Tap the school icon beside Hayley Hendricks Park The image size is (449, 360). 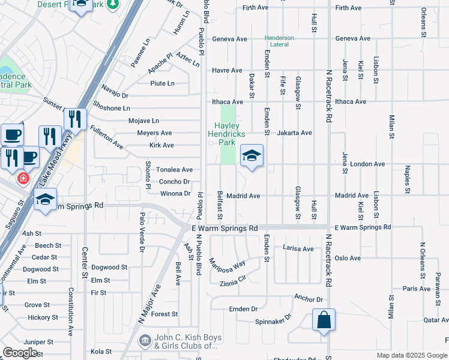point(252,157)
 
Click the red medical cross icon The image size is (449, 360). point(23,178)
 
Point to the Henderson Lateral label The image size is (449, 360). point(280,41)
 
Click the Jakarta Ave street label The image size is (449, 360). point(294,133)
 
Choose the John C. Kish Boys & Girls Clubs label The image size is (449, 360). point(185,341)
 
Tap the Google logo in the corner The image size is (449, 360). point(20,353)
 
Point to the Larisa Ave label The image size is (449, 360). point(298,248)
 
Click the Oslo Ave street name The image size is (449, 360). point(348,258)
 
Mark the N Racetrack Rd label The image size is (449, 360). point(329,96)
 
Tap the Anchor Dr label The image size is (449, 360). point(309,298)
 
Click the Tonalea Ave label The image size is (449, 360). point(174,170)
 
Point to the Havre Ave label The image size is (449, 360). point(227,70)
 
